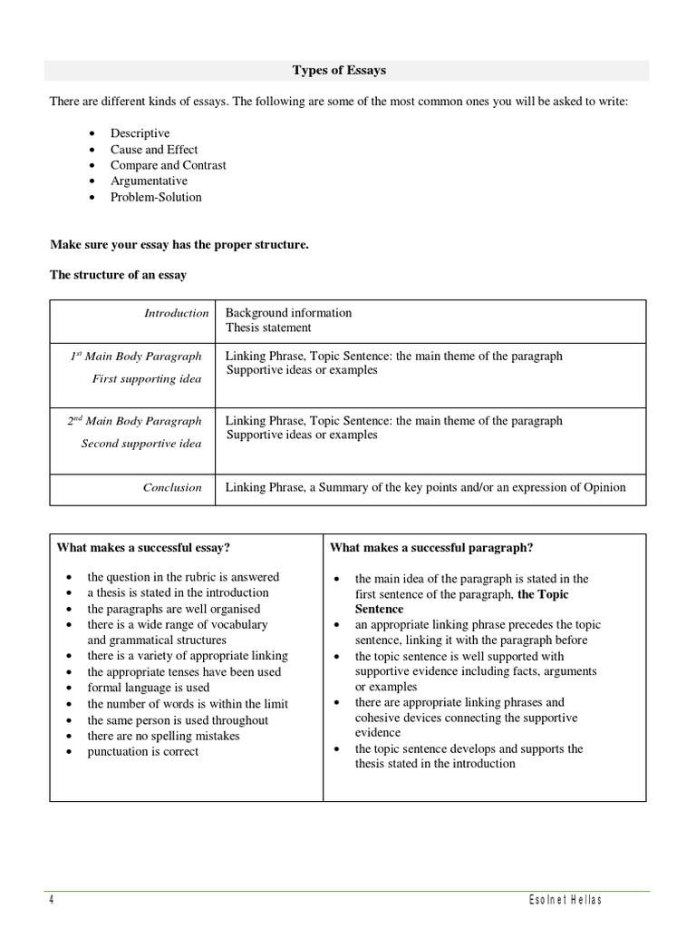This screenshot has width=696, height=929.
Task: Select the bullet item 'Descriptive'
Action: pos(140,133)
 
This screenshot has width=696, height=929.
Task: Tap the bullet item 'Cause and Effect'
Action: pos(154,150)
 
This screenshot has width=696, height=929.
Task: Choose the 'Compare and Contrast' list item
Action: pos(168,165)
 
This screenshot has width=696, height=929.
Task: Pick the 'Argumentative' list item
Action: pos(149,181)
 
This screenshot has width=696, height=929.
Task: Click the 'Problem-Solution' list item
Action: pos(156,197)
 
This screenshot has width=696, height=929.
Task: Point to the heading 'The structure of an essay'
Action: pos(118,275)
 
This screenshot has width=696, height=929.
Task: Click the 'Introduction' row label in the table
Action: pos(176,313)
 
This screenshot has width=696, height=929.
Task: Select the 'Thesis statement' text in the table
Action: pos(268,328)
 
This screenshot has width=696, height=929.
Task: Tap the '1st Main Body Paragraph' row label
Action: pos(136,357)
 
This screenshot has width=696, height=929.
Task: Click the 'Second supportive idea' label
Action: pos(141,444)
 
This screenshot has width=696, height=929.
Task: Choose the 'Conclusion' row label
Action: pos(172,487)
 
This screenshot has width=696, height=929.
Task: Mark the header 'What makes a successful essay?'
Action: pos(143,547)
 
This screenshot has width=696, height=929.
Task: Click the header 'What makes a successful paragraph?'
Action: pos(431,547)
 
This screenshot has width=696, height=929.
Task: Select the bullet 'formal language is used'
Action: pos(148,688)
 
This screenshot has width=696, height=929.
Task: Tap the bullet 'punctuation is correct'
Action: pos(142,751)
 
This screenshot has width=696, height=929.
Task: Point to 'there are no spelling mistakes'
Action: pos(163,736)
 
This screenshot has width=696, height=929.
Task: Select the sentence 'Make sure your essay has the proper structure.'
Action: pos(179,245)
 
